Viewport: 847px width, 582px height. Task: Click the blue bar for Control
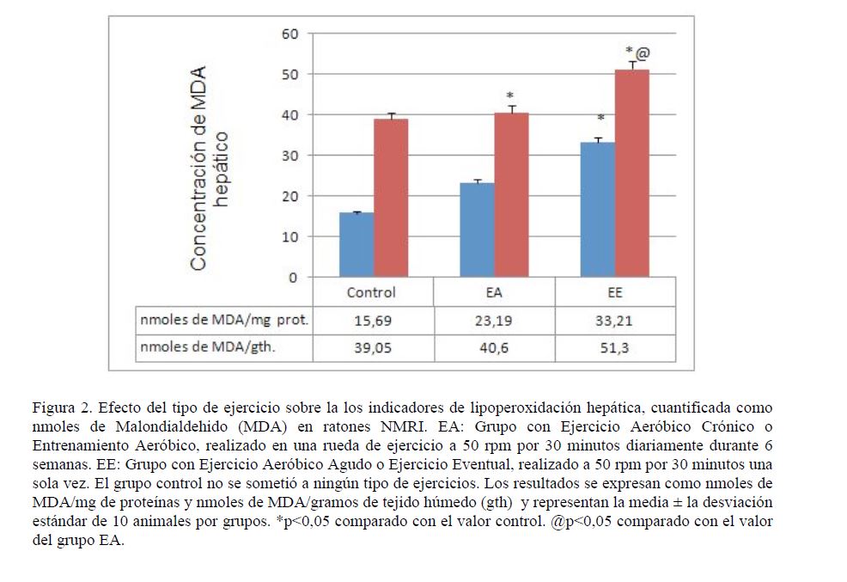[356, 245]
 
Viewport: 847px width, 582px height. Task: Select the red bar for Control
[391, 199]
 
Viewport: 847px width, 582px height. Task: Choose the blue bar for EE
[598, 210]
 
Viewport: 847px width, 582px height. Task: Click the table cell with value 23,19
[493, 322]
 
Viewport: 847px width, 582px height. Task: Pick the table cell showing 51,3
[614, 349]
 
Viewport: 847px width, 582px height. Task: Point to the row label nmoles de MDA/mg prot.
[223, 322]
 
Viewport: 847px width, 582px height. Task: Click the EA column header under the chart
[493, 292]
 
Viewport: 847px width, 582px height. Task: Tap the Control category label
[372, 292]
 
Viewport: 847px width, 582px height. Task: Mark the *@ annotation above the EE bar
[637, 52]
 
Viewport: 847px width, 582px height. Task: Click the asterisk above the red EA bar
[509, 95]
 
